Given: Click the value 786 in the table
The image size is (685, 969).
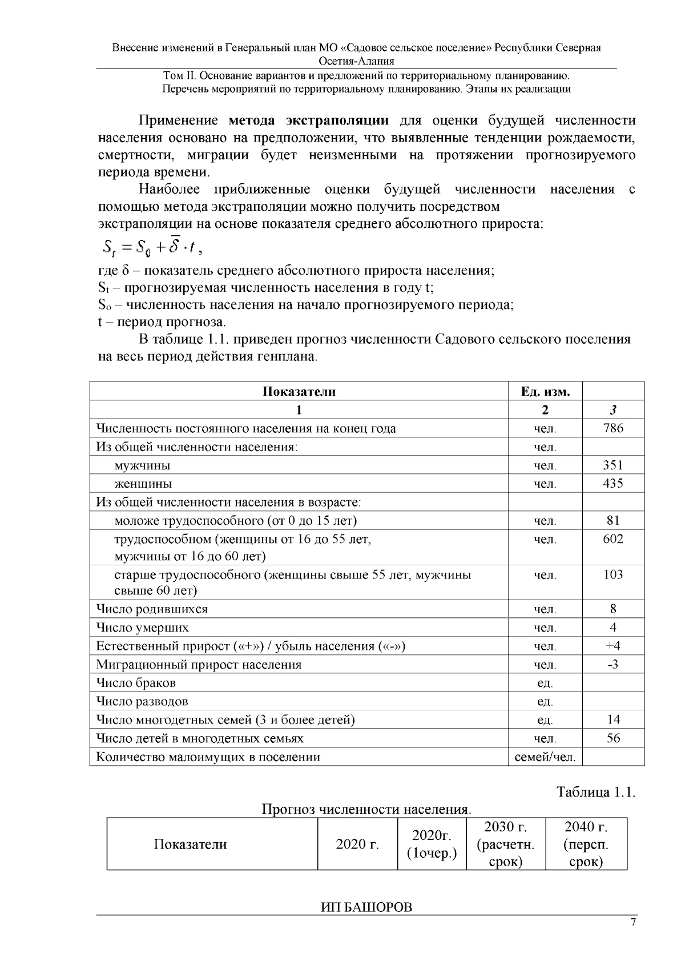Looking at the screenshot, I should coord(613,428).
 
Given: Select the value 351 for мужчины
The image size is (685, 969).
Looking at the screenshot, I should coord(613,465).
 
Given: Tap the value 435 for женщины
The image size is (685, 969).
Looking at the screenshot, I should coord(613,484).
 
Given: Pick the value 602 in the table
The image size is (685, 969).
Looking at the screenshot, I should coord(613,539).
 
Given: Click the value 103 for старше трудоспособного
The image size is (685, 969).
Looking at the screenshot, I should coord(613,574).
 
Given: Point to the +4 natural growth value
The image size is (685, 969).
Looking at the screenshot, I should coord(613,646).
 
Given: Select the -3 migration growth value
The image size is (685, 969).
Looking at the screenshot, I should coord(613,665).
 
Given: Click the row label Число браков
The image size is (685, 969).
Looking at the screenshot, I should coord(136,683).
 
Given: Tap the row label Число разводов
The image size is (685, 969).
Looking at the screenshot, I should coord(142,701).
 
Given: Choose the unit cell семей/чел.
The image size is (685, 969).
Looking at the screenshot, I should coord(545,757).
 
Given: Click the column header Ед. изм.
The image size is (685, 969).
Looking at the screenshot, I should coord(545,392).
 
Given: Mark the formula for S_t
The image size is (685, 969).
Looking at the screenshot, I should coord(152,247).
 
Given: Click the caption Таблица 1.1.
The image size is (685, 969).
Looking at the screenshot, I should coord(595,793).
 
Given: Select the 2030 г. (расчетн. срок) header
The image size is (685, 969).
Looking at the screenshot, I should coord(505,844).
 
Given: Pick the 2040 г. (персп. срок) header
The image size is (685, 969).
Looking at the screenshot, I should coord(586,844).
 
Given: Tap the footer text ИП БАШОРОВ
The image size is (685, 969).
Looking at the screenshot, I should coord(366,907).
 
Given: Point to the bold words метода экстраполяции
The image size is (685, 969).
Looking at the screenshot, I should coord(308,120).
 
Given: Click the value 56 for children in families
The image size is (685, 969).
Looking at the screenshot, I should coord(613,738).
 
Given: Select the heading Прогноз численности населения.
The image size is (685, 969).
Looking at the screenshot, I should coord(366,809).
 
